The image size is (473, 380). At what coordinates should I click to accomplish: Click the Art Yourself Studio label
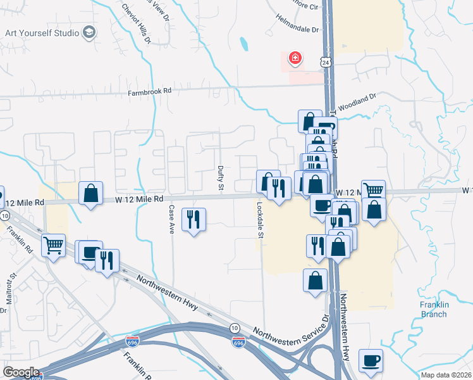pos(42,32)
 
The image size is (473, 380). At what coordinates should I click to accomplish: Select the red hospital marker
pos(295,60)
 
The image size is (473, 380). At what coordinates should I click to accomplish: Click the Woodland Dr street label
pos(358,101)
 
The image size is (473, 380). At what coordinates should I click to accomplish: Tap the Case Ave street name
pos(171,219)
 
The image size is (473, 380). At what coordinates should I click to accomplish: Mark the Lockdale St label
pos(259,220)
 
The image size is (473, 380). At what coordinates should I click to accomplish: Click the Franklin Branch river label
pos(434,309)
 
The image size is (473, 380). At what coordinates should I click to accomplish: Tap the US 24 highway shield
pos(324,63)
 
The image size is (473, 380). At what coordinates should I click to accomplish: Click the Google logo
pos(21,372)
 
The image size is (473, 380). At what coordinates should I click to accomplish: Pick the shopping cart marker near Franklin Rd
pos(53,244)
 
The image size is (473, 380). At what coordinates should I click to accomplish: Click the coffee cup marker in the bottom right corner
pos(371,360)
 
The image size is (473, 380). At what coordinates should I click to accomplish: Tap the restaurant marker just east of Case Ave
pos(193,220)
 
